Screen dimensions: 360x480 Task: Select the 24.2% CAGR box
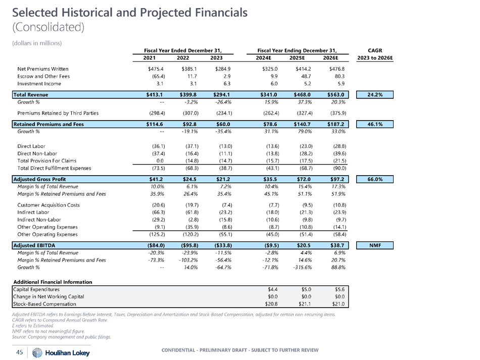375,94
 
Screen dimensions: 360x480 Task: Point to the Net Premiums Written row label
42,69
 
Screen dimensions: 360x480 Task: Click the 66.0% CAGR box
375,179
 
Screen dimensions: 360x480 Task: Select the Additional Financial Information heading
53,282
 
